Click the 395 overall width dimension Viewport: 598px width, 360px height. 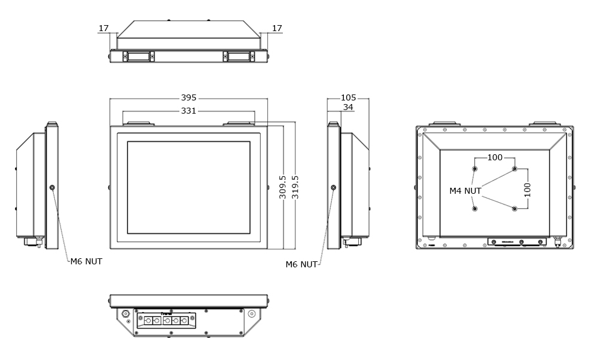(188, 98)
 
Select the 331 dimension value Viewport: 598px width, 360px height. (188, 111)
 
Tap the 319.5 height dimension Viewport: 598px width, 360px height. (295, 187)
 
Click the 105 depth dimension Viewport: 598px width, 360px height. (348, 98)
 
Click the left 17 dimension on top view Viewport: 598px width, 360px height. (103, 28)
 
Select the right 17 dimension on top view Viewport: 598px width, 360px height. (277, 28)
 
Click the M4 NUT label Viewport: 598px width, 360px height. (465, 191)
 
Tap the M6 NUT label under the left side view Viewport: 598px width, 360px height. (86, 261)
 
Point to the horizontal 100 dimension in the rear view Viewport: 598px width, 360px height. (495, 158)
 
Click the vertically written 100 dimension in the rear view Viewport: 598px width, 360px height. (527, 190)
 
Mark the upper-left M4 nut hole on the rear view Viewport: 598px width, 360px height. (475, 169)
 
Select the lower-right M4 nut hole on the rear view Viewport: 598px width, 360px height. (514, 209)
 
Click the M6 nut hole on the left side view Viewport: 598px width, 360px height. (52, 188)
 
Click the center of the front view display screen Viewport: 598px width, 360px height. (188, 187)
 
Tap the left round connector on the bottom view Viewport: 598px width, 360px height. (126, 313)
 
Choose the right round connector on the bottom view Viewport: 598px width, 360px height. (251, 313)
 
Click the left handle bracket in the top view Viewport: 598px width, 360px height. (139, 56)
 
